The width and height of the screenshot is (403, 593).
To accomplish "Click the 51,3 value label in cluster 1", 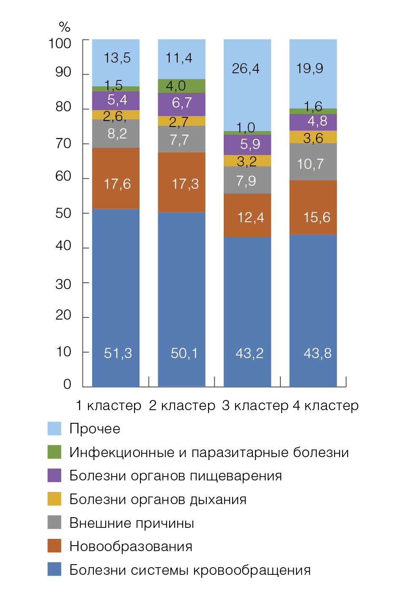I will point(118,353).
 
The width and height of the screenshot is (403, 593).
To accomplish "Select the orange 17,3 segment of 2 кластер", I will point(181,182).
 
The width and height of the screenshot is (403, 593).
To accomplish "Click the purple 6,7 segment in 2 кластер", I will point(181,104).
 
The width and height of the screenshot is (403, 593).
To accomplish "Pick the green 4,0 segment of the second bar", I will point(181,86).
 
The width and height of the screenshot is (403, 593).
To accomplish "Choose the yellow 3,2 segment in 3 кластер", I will point(247,161).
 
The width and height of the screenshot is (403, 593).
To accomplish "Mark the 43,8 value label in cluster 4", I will point(318,353).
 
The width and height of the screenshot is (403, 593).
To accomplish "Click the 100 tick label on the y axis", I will point(60,43).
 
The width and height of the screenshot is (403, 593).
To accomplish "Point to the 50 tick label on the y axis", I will point(63,213).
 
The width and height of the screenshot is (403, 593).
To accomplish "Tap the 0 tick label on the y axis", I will point(67,384).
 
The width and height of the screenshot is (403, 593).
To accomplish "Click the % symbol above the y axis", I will point(64,27).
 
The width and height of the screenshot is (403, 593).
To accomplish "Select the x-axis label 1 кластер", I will point(108,405).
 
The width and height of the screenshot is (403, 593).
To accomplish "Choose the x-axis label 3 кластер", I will point(255,405).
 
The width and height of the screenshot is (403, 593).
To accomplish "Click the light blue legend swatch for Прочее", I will point(55,428).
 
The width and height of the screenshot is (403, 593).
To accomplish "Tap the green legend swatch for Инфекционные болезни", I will point(55,452).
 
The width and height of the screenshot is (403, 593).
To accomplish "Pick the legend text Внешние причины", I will point(132,523).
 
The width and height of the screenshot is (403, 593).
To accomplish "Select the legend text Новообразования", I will point(131,546).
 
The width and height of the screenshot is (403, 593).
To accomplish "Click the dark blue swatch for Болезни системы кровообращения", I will point(55,569).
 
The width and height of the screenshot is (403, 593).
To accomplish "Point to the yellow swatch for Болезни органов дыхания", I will point(55,499).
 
